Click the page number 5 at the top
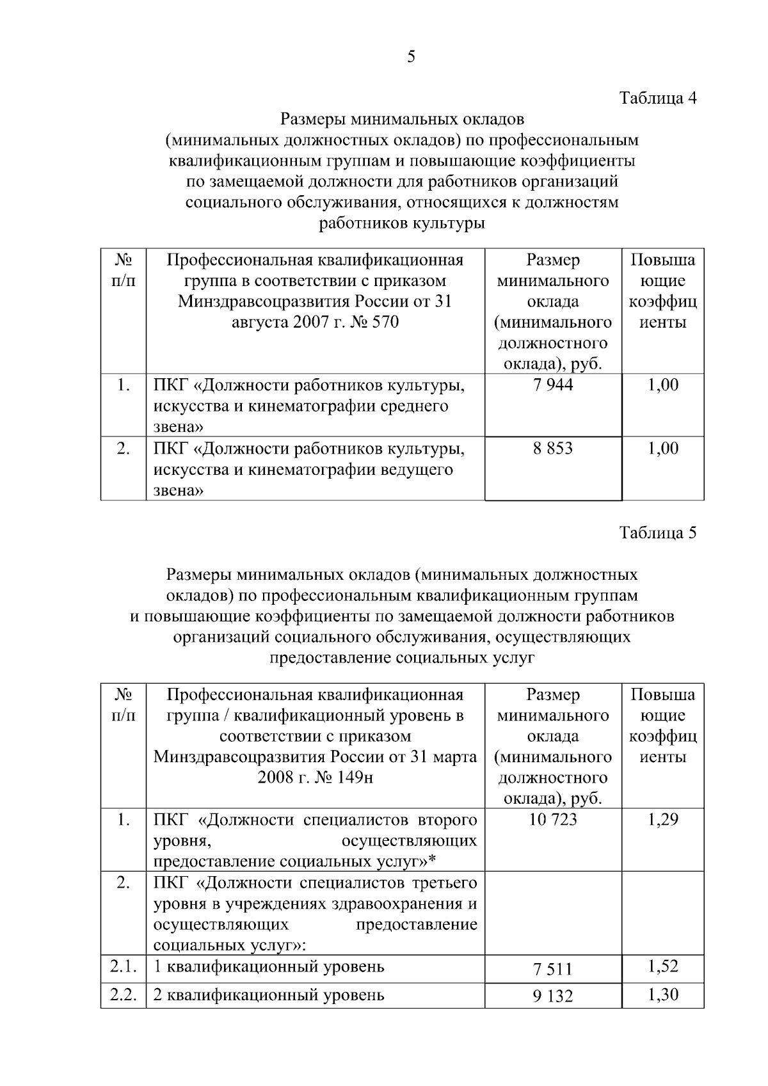coord(411,57)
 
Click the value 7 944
coord(553,385)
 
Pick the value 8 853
coord(553,449)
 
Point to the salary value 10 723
coord(553,820)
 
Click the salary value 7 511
coord(553,970)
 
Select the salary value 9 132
coord(553,996)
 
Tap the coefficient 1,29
coord(663,820)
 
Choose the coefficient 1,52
coord(663,966)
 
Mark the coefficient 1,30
coord(663,994)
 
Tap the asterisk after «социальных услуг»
coord(441,861)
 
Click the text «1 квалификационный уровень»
coord(269,966)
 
